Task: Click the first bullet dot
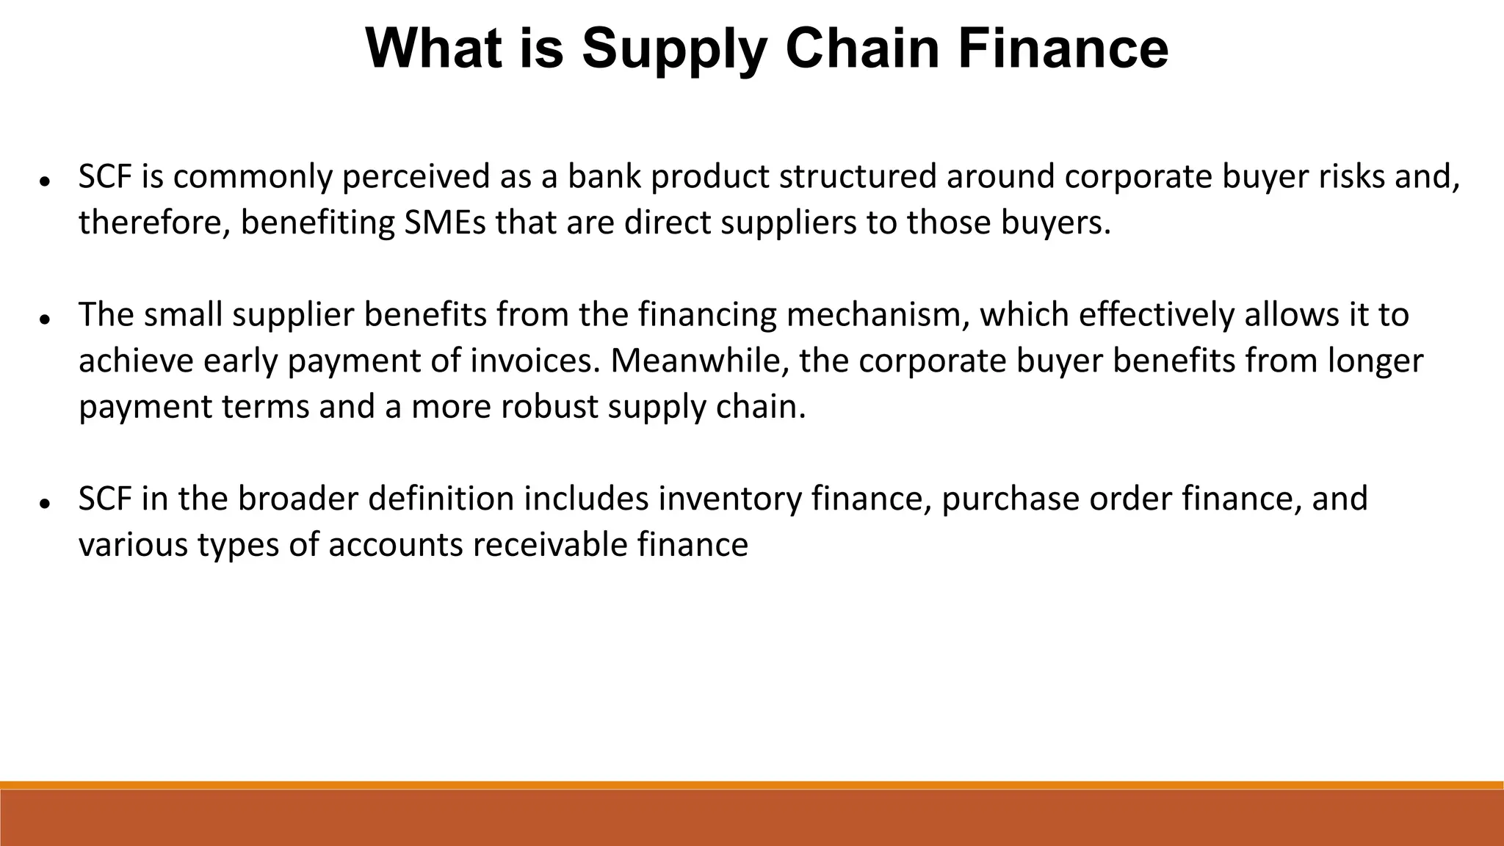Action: click(45, 181)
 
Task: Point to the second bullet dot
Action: click(45, 319)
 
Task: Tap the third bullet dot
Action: click(45, 503)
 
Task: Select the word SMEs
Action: click(445, 223)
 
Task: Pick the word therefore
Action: click(154, 223)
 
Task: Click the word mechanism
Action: click(878, 315)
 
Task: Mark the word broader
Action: click(297, 499)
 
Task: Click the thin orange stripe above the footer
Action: click(752, 785)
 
